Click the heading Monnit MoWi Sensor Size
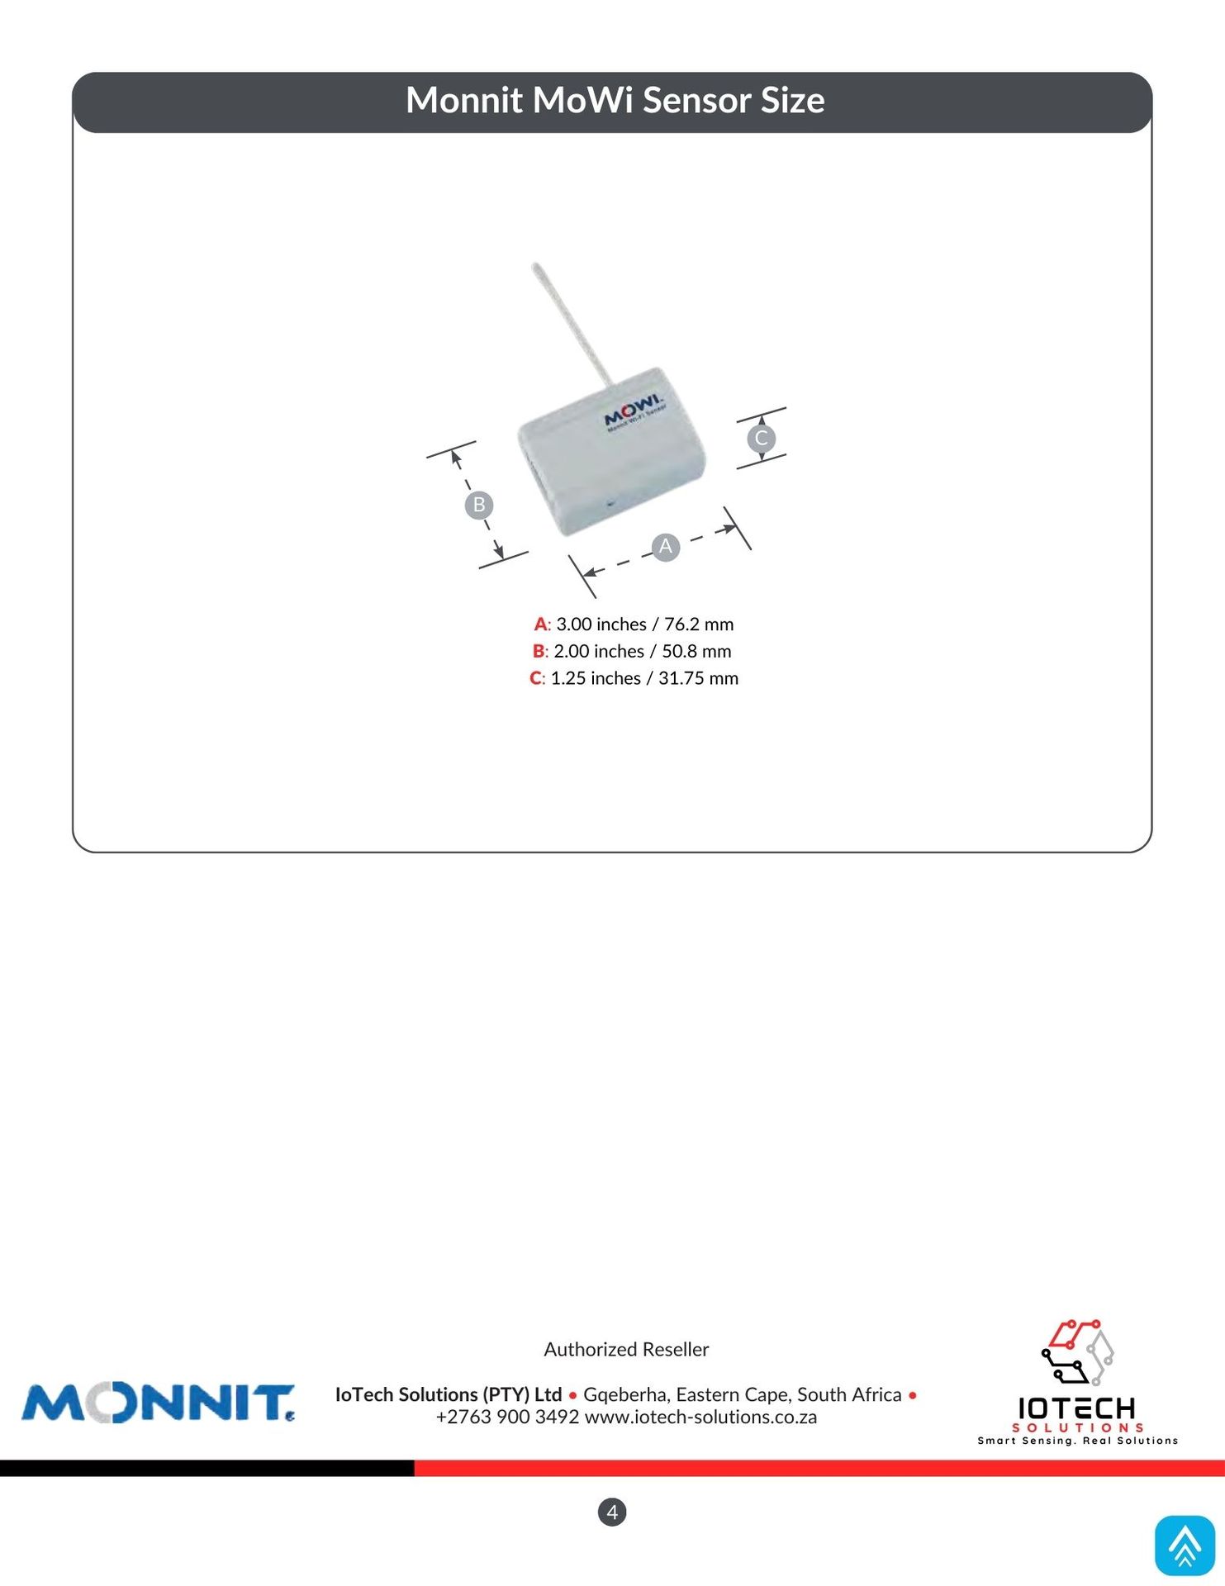(615, 101)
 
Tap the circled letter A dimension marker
(665, 547)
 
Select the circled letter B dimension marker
(479, 505)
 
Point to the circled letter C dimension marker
(761, 438)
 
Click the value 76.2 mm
(699, 624)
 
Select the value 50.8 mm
(696, 652)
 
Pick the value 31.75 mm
(698, 678)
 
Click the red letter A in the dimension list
(540, 624)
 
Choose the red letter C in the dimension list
(536, 678)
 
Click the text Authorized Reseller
(626, 1349)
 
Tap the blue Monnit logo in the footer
(158, 1403)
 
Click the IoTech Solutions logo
(1077, 1382)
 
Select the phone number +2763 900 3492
(507, 1417)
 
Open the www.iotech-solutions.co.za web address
(700, 1417)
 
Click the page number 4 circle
(612, 1512)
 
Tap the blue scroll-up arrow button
(1185, 1545)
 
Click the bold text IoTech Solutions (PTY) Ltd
(449, 1395)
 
